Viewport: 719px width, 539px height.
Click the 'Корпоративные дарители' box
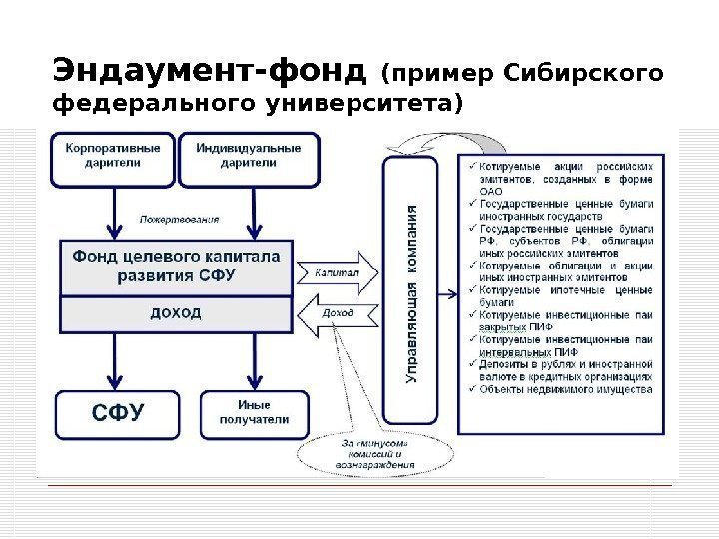[x=112, y=158]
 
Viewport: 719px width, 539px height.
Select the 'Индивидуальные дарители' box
[x=249, y=158]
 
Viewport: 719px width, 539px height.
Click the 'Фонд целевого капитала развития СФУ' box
[x=175, y=266]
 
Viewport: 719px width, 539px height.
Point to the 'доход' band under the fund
[x=175, y=313]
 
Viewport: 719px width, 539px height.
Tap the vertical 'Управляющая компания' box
[x=410, y=289]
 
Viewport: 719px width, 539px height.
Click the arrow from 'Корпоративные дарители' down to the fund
[x=116, y=210]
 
